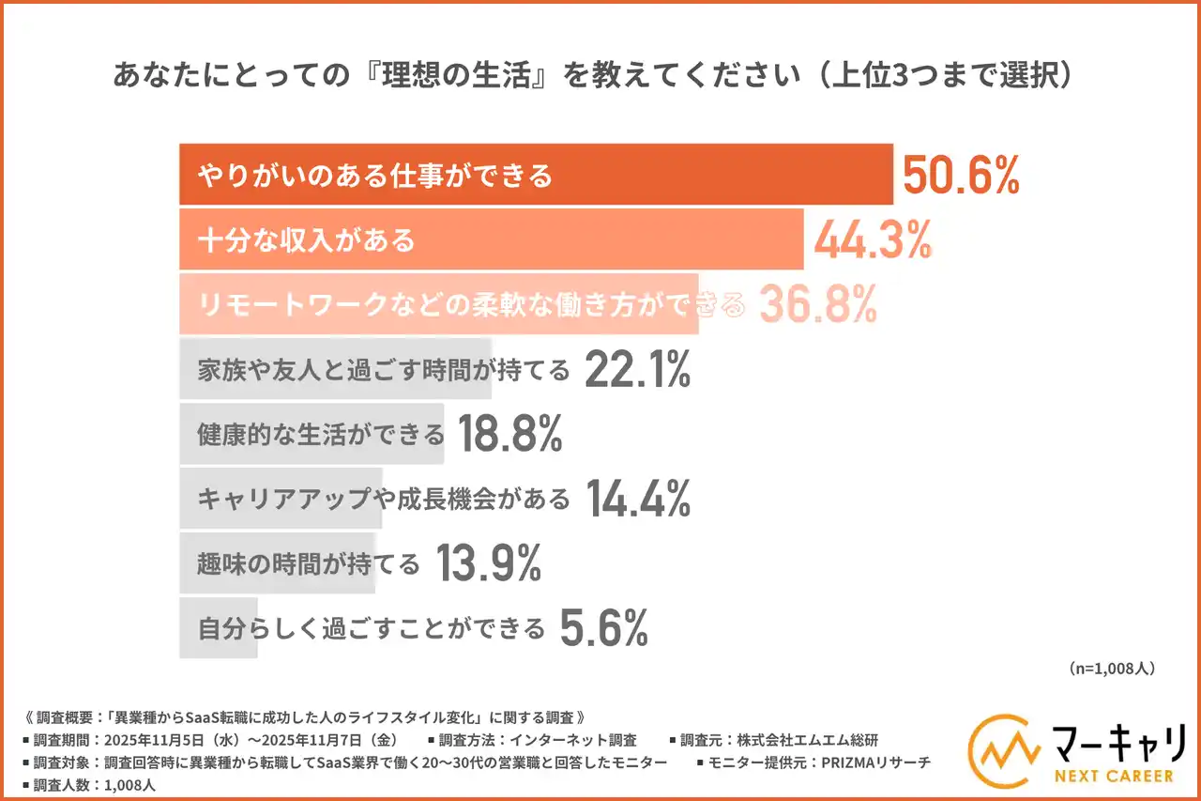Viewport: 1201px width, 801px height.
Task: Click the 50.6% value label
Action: (x=960, y=175)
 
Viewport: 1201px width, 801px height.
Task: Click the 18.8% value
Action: (x=509, y=434)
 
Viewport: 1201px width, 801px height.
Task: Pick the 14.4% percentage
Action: (x=638, y=499)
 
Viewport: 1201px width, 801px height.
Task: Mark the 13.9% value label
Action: (x=488, y=563)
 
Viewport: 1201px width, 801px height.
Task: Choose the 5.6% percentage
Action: (x=603, y=628)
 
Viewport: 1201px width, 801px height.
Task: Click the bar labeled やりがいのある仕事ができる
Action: (x=535, y=175)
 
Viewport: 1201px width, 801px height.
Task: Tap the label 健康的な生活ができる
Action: (x=321, y=435)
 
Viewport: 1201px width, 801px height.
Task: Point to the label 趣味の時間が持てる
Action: (x=309, y=564)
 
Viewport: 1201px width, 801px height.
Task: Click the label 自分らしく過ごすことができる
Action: (x=372, y=628)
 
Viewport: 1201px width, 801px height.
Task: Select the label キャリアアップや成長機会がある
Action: (x=384, y=499)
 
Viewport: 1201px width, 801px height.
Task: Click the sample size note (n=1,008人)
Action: (x=1111, y=669)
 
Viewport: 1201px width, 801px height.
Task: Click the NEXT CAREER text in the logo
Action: (x=1112, y=777)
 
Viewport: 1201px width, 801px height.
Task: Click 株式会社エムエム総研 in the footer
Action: (x=805, y=739)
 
